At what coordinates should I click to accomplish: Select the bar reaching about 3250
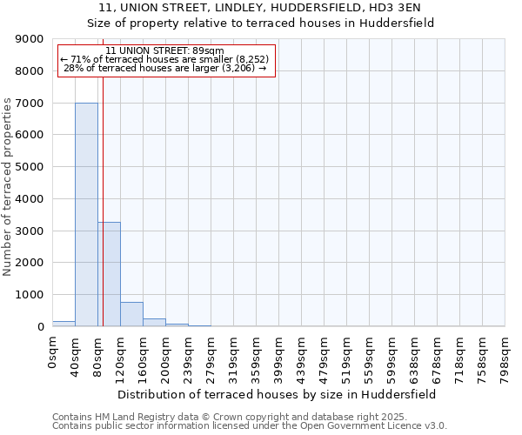[x=109, y=274]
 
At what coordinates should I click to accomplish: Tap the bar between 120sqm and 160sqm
[x=131, y=314]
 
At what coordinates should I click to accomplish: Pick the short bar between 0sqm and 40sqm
[x=64, y=324]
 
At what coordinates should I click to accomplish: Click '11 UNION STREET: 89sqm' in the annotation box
[x=165, y=50]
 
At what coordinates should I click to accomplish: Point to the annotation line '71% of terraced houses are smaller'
[x=165, y=59]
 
